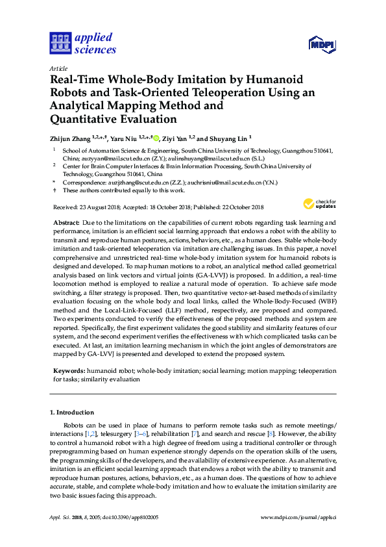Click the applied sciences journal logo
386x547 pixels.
coord(82,43)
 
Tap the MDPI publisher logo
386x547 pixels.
coord(321,44)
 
